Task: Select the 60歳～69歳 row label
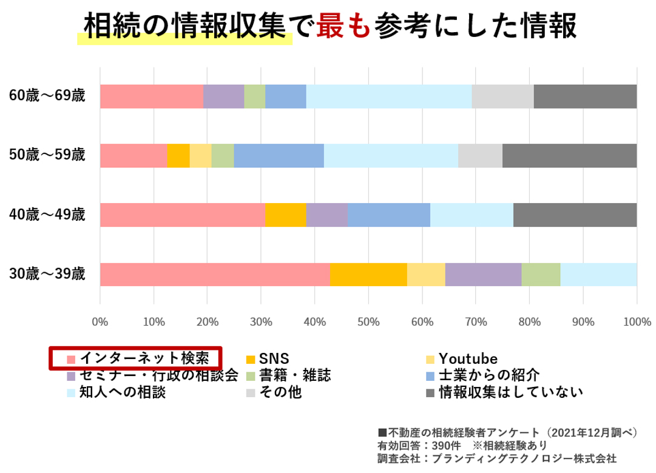tap(47, 96)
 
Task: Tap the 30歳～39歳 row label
tap(47, 274)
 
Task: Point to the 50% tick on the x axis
tap(368, 322)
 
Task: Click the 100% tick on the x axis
tap(636, 322)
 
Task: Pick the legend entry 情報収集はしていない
tap(504, 392)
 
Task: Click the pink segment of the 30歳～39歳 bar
tap(214, 274)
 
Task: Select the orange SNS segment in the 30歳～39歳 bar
tap(368, 274)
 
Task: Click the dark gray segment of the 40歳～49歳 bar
tap(575, 215)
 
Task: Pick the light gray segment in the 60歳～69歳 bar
tap(502, 96)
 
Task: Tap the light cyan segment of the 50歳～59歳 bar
tap(391, 156)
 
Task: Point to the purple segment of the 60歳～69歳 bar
tap(223, 96)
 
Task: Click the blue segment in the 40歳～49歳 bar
tap(389, 215)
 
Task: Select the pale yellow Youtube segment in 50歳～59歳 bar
tap(200, 156)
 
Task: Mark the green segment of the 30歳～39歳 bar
tap(541, 274)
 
